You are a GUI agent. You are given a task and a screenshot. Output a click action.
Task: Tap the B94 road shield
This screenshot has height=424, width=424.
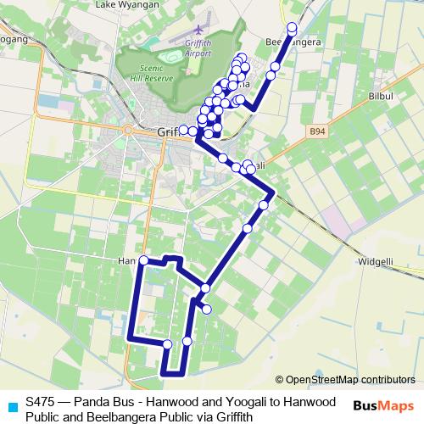(x=317, y=131)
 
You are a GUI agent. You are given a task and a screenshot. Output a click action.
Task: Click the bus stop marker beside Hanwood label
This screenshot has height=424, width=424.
(x=143, y=259)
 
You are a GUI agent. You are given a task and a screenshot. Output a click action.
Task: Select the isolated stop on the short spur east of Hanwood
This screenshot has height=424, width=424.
(x=206, y=309)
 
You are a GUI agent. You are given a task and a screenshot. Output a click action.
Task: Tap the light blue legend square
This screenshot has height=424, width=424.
(x=11, y=406)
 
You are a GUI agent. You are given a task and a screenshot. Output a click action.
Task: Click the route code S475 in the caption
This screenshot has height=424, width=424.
(x=42, y=401)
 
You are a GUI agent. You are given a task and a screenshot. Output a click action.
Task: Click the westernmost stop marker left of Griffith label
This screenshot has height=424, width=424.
(x=183, y=129)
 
